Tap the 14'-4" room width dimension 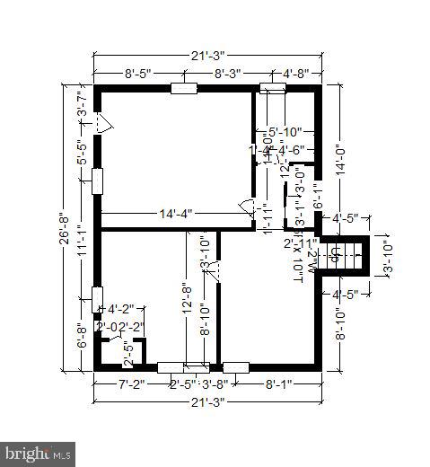coord(176,214)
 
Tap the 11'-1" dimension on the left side coord(81,242)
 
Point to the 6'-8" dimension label coord(81,337)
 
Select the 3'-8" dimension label coord(215,384)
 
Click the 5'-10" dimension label coord(285,132)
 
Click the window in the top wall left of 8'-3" coord(184,88)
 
